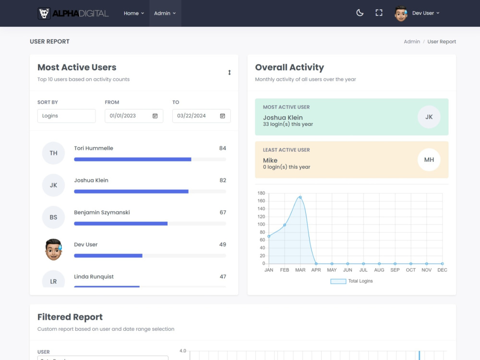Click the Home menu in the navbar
(x=134, y=13)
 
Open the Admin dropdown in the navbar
(x=165, y=13)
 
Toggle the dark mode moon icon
(x=360, y=13)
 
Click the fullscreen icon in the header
(x=379, y=13)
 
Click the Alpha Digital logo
(x=73, y=13)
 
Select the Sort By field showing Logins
(x=66, y=116)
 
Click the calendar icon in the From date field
(x=155, y=116)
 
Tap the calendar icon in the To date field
(x=223, y=116)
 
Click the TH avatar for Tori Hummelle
(x=54, y=153)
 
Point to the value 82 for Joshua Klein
(x=223, y=180)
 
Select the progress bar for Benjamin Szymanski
(x=150, y=224)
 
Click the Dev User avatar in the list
(x=54, y=249)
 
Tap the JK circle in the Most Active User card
(x=429, y=117)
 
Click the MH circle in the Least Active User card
(x=429, y=160)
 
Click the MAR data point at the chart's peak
(x=300, y=197)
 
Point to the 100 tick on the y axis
(x=261, y=224)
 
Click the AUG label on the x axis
(x=379, y=270)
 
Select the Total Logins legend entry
(x=352, y=281)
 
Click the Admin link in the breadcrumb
(x=412, y=42)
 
